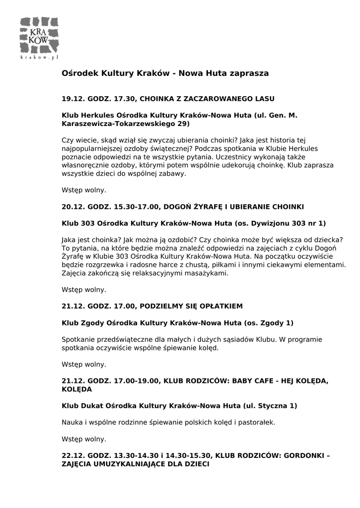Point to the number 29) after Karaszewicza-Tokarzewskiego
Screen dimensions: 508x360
pos(183,123)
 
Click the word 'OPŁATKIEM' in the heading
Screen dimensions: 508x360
pos(220,306)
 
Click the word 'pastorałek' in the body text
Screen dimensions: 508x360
pos(256,422)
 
